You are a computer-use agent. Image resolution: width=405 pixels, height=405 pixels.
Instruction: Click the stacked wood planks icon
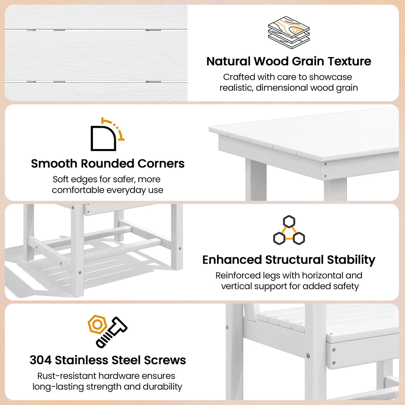click(288, 32)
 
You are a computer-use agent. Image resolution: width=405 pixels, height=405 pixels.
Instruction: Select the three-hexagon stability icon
click(289, 230)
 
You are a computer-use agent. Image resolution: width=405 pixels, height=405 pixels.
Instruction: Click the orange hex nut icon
click(97, 324)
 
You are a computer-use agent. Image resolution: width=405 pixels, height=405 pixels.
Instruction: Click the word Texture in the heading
click(349, 61)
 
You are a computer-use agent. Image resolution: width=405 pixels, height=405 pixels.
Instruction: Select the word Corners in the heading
click(161, 163)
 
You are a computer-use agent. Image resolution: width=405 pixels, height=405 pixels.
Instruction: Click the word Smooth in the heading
click(54, 163)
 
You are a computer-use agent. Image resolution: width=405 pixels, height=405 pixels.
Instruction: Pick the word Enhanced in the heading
click(232, 259)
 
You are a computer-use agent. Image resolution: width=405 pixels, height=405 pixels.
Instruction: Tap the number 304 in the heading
click(41, 360)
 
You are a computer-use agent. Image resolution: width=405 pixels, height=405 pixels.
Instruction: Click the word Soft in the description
click(61, 179)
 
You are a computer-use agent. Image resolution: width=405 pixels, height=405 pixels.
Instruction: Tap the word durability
click(163, 387)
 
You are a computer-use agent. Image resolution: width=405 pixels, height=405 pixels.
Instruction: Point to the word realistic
click(237, 87)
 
